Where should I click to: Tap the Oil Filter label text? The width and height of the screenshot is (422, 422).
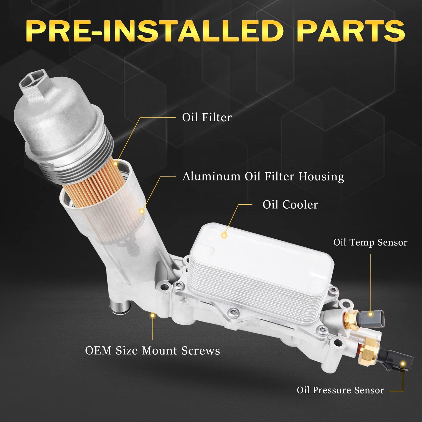point(207,117)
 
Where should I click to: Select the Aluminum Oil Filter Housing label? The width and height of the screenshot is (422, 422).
point(263,176)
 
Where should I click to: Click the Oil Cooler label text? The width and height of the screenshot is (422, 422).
point(290,205)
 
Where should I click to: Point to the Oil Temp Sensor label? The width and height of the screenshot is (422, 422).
point(370,242)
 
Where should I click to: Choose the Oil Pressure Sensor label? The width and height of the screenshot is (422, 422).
point(340,390)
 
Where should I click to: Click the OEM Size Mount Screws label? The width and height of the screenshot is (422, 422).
point(152,351)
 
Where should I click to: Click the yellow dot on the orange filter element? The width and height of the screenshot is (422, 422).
point(116,164)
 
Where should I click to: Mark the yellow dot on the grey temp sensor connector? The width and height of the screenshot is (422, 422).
point(371,314)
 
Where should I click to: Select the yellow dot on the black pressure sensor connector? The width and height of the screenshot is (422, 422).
point(403,364)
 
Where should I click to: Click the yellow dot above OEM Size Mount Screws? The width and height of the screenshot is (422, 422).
point(152,315)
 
